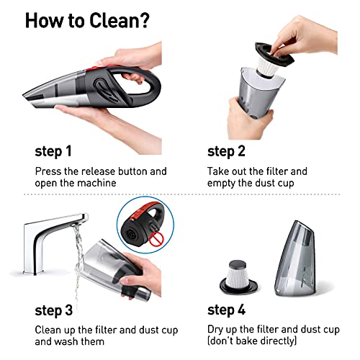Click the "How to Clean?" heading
click(87, 20)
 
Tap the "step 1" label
click(53, 152)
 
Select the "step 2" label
click(226, 152)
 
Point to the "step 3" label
click(53, 310)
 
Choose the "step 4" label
click(226, 310)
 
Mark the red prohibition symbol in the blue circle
click(156, 239)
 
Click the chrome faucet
click(53, 243)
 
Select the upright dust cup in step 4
click(295, 258)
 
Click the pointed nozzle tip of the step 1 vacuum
click(24, 95)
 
